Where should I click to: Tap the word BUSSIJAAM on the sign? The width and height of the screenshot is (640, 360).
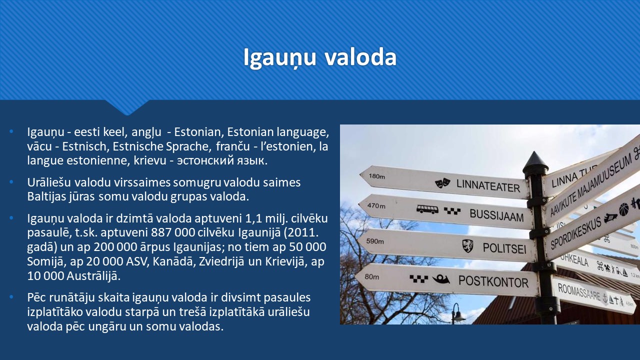click(496, 215)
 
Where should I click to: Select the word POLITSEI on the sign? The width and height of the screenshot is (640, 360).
click(504, 248)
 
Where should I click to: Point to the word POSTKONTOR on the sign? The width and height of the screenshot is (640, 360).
click(493, 281)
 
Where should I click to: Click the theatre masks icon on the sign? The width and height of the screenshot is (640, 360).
click(442, 182)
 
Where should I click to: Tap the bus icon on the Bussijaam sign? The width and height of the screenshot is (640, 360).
click(427, 209)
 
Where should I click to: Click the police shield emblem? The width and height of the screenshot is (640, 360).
click(467, 245)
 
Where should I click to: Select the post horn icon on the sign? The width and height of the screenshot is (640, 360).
click(441, 279)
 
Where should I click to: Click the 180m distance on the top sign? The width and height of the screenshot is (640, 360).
click(376, 176)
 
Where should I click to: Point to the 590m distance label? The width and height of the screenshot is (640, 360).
click(375, 241)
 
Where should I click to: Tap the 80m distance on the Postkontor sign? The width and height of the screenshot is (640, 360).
click(371, 276)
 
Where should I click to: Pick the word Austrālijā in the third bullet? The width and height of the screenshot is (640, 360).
click(93, 276)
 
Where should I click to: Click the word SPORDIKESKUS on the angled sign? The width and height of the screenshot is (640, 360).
click(575, 233)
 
